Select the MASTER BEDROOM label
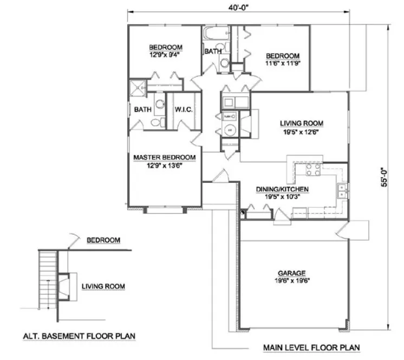point(165,158)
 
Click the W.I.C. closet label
point(184,110)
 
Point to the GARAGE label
point(293,273)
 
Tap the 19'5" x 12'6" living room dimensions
point(293,132)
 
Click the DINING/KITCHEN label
point(282,189)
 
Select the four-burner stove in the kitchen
point(314,171)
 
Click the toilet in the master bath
point(157,123)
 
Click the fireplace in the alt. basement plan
point(64,286)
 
